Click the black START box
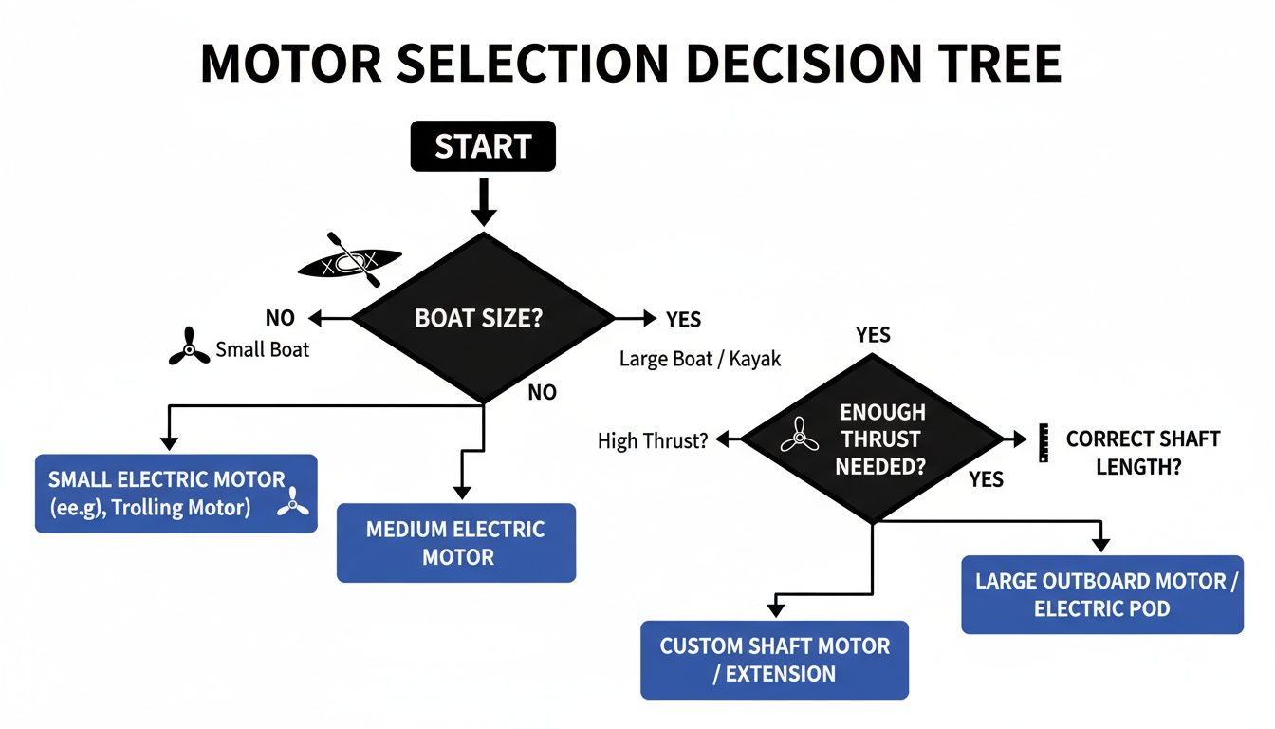coord(483,146)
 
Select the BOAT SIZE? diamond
coord(483,318)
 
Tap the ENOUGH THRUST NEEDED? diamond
coord(872,439)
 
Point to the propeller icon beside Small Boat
coord(189,347)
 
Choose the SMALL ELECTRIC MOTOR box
coord(176,494)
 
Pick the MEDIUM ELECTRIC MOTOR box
coord(456,542)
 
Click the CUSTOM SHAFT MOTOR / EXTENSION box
coord(774,660)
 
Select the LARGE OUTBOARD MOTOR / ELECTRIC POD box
coord(1101,594)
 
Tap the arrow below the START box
coord(483,203)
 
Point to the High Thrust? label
coord(653,440)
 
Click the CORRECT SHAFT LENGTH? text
coord(1142,453)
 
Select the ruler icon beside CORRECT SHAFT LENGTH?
coord(1044,441)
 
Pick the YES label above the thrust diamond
coord(873,334)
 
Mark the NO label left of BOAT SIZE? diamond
coord(280,318)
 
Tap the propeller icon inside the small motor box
coord(293,502)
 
